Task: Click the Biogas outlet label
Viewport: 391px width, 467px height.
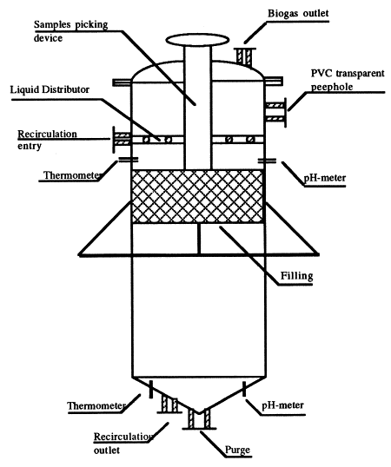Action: [x=298, y=13]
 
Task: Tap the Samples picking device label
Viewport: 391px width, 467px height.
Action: [x=70, y=31]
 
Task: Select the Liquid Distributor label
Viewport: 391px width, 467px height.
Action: [x=50, y=89]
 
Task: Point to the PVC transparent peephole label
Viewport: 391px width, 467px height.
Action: [x=348, y=80]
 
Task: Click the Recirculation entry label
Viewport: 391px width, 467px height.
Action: [x=47, y=140]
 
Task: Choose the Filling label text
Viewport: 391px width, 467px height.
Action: [x=296, y=276]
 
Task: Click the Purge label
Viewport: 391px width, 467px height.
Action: [x=237, y=450]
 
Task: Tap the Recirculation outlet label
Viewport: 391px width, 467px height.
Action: [x=123, y=444]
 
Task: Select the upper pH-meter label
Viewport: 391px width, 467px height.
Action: [x=325, y=178]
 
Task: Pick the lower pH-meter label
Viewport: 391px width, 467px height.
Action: [x=282, y=405]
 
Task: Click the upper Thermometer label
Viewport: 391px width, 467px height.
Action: [x=71, y=175]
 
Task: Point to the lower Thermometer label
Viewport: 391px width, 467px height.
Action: [x=96, y=405]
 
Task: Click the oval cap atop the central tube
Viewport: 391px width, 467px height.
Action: [x=197, y=40]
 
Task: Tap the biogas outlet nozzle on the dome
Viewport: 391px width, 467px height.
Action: [x=246, y=56]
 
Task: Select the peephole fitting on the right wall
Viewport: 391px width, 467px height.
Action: [x=276, y=112]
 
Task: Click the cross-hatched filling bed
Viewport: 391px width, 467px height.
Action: [x=197, y=196]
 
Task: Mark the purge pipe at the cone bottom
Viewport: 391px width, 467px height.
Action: [x=199, y=418]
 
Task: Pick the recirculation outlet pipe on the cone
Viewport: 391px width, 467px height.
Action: [x=169, y=405]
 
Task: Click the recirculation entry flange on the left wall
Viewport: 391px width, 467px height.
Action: [x=122, y=140]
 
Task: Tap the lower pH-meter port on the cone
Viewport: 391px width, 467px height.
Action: [x=244, y=389]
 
